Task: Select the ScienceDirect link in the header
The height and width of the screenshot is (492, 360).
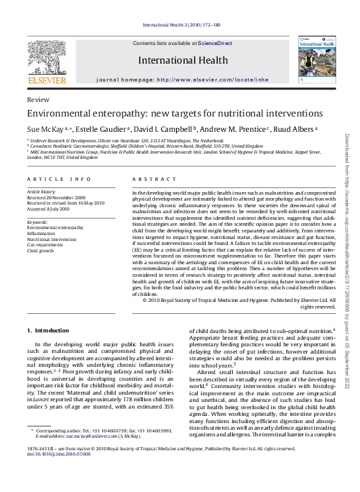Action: (216, 43)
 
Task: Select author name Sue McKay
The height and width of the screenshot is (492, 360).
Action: (45, 129)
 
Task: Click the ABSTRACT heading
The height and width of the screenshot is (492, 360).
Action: (154, 179)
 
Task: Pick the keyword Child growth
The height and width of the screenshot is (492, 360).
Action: (40, 251)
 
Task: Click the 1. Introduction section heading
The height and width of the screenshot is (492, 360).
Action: (48, 330)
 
